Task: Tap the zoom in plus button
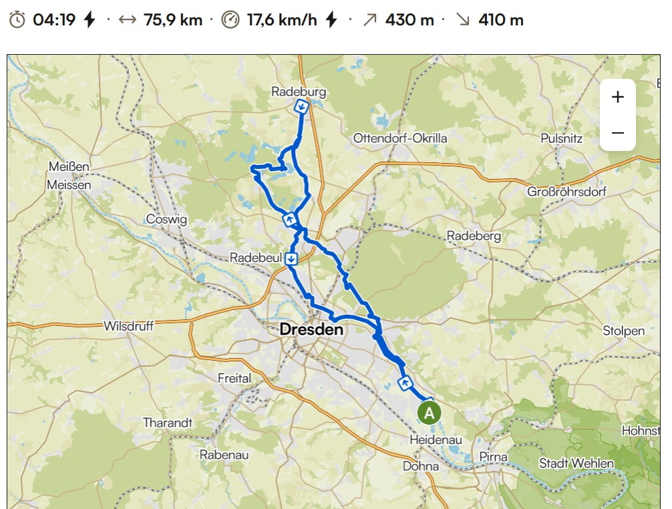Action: pos(617,97)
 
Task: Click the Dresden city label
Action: pos(311,329)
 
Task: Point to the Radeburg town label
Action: pos(299,92)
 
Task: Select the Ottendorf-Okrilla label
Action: pos(400,138)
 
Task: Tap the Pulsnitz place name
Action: pos(561,139)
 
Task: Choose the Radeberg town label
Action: pos(474,236)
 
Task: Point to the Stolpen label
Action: pos(624,331)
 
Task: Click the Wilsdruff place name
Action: pos(129,327)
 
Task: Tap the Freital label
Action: pos(234,378)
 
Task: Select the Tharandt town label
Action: pos(168,423)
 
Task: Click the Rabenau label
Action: pos(224,454)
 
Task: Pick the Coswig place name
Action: pos(166,219)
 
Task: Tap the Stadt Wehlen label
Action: pos(576,463)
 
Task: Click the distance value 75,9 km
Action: pos(173,20)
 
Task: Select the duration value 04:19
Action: pos(54,20)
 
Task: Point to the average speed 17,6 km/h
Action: pos(282,20)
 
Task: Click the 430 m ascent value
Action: pos(409,20)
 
